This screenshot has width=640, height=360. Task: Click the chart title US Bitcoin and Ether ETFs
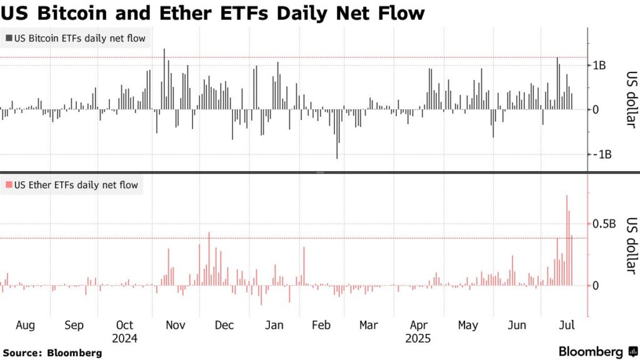tap(212, 12)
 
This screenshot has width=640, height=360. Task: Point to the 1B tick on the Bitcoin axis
tap(599, 65)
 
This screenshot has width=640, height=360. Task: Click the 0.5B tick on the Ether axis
tap(604, 224)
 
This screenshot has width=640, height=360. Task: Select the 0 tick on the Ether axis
tap(596, 286)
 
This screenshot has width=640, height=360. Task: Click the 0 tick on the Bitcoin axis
tap(596, 109)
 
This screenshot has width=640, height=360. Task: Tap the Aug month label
tap(25, 325)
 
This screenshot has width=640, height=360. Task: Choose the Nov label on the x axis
tap(175, 325)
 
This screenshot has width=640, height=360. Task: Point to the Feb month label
tap(321, 325)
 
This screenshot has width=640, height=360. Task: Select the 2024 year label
tap(125, 339)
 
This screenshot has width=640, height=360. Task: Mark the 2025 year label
tap(419, 339)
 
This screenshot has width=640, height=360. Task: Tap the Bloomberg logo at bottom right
tap(597, 351)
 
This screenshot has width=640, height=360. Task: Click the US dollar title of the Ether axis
tap(631, 245)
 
